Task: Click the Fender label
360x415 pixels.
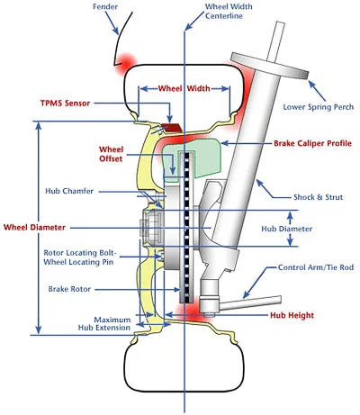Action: pos(105,6)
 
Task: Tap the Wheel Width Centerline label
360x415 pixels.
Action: pos(229,11)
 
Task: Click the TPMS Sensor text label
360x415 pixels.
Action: pos(65,104)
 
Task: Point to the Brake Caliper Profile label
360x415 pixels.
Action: pos(312,143)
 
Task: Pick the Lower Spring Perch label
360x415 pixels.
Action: pos(319,107)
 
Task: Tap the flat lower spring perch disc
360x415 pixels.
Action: pos(270,66)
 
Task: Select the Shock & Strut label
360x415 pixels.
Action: pos(318,197)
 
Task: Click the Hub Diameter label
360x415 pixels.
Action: pos(286,229)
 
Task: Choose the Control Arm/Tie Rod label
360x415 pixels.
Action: pos(316,267)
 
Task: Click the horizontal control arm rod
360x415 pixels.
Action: pos(250,302)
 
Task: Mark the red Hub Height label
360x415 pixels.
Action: pos(292,315)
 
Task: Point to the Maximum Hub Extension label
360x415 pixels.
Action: pos(104,323)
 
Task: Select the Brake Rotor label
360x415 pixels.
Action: pos(69,289)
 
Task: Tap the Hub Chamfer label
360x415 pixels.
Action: pos(69,191)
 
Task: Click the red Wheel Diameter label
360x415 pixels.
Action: pos(34,227)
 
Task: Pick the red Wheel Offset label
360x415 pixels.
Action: pos(111,154)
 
